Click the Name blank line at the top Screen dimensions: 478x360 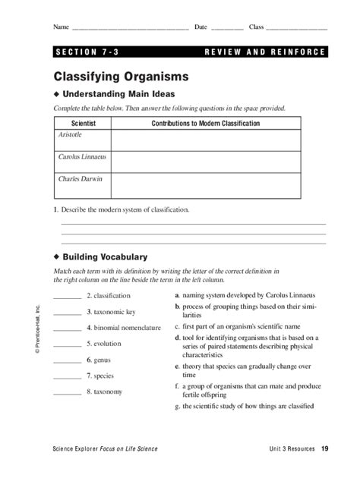point(129,28)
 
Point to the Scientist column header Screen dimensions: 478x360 point(83,123)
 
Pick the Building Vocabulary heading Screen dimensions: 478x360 point(105,256)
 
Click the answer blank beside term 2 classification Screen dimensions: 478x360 point(67,297)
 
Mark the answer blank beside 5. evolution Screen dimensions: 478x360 point(67,344)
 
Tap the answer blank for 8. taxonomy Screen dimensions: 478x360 point(67,392)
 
